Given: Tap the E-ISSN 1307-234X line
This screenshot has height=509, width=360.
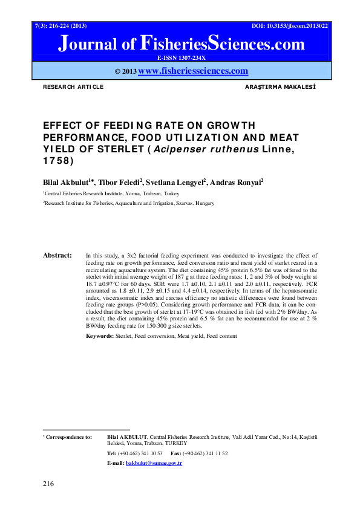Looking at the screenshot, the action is coord(181,57).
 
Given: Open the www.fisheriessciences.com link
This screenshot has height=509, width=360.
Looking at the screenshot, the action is coord(193,71).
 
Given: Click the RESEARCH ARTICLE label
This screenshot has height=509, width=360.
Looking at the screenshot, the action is coord(73,88).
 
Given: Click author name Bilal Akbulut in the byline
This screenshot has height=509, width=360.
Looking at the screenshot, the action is coord(66,181).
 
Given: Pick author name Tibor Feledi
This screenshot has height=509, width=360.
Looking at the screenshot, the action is coord(119,181).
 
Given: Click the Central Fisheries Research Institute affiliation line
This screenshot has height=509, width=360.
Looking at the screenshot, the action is coord(111,193).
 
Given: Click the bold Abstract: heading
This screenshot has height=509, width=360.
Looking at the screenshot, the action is coord(57,256).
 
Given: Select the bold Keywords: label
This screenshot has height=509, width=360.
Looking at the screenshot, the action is coord(100,336).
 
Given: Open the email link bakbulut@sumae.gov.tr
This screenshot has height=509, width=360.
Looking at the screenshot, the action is coord(153,463).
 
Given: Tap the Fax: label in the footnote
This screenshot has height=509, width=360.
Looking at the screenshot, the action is coord(177,453).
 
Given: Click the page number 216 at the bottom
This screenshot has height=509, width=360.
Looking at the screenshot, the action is coord(48,484).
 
